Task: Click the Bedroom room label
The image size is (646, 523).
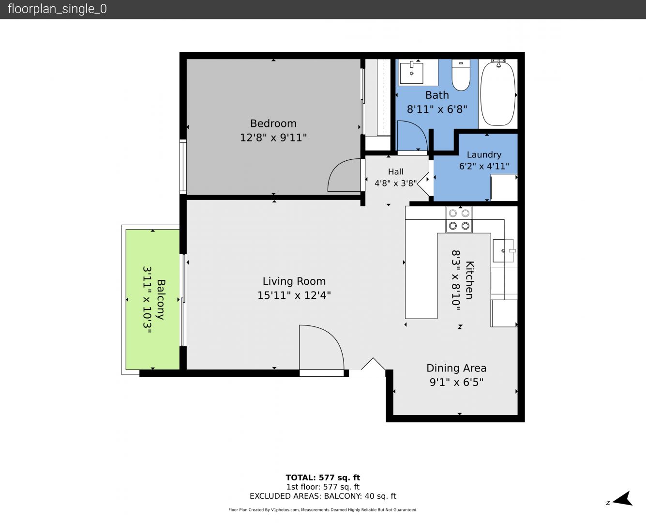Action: pos(273,123)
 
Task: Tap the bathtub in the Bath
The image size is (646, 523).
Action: pos(498,93)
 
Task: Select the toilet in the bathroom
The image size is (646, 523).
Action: pos(461,75)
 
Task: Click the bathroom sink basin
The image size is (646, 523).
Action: pos(411,73)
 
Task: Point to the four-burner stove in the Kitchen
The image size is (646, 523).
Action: pos(459,219)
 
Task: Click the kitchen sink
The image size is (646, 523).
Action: pos(503,251)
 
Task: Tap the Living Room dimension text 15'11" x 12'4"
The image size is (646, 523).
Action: pos(294,295)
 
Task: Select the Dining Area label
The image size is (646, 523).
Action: pos(456,368)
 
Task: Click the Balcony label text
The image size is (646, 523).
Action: pos(161,299)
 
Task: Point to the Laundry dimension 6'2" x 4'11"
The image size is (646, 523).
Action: pos(484,166)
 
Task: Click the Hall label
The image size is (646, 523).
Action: pos(395,172)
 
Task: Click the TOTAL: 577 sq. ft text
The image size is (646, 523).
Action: pos(323,477)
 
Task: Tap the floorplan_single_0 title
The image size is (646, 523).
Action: pos(57,9)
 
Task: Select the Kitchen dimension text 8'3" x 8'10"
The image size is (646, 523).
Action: pos(456,280)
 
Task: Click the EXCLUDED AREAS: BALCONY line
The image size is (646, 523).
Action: pos(323,496)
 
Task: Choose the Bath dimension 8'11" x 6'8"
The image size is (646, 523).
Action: pos(437,109)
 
